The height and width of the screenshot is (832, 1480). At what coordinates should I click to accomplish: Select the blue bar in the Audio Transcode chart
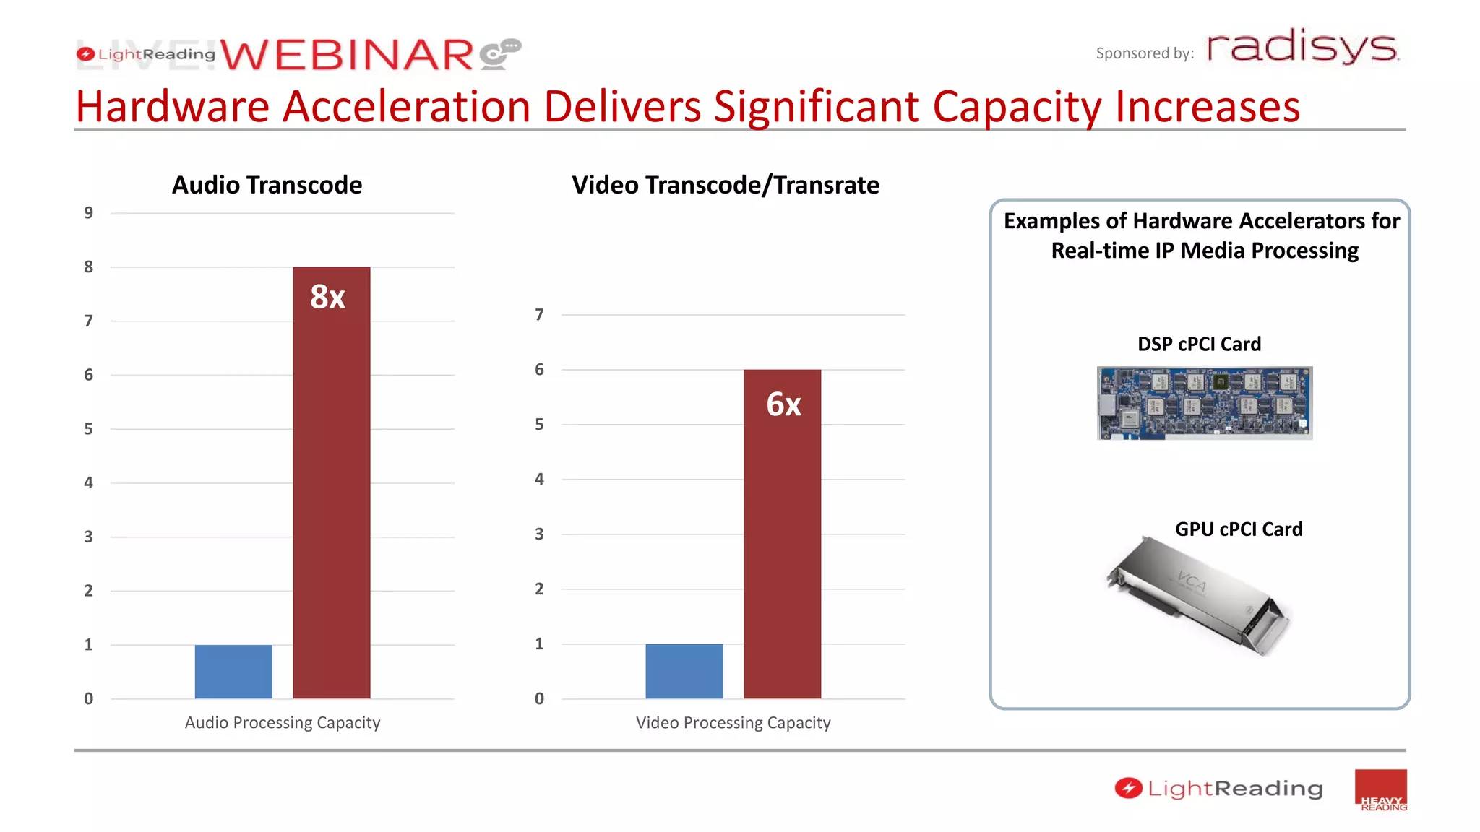point(233,672)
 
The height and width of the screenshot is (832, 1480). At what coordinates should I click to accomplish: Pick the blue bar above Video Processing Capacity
point(684,671)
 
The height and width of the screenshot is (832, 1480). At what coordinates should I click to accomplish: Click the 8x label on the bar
point(327,297)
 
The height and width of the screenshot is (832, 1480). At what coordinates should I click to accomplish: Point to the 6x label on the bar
point(783,404)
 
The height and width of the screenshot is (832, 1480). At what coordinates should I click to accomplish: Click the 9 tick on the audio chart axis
point(88,213)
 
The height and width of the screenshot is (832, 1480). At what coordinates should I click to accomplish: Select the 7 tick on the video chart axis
point(539,315)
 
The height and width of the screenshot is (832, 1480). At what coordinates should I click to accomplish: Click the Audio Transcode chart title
point(267,185)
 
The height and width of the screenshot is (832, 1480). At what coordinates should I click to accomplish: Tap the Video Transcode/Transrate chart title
point(726,185)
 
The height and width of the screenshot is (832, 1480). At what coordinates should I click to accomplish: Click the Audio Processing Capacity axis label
point(282,723)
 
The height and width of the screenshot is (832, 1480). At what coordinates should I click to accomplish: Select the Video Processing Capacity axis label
point(733,723)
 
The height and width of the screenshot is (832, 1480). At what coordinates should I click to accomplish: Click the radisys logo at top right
point(1302,48)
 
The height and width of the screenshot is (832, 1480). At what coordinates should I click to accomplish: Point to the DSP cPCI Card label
point(1199,344)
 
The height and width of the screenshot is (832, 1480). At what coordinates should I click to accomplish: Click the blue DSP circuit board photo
point(1205,403)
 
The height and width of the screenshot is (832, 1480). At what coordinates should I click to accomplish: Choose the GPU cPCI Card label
point(1239,529)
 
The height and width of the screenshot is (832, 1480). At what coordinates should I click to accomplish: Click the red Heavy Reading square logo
point(1380,790)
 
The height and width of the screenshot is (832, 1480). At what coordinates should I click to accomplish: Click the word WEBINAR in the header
point(347,56)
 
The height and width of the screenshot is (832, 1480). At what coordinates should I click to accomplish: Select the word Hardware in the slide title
point(172,107)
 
